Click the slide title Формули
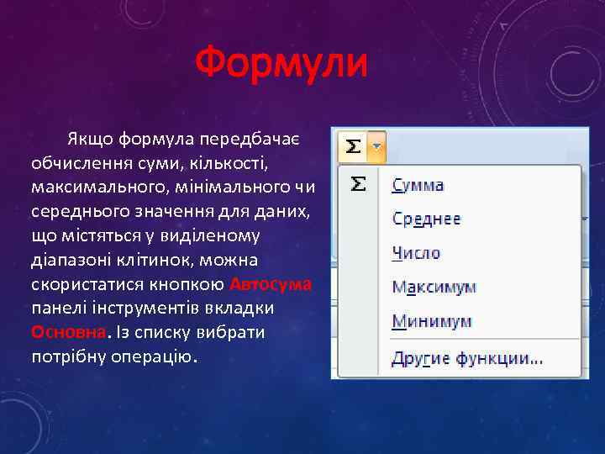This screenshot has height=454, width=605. [281, 64]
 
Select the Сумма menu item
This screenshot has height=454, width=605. [418, 185]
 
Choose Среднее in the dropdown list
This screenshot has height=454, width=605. [427, 219]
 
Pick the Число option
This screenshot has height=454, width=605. [416, 253]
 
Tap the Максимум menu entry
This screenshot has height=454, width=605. [434, 288]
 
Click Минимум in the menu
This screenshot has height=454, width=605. [432, 322]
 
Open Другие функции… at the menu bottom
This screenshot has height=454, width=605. [467, 359]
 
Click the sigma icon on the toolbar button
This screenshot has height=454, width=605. [354, 147]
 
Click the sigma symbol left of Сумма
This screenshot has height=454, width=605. [358, 184]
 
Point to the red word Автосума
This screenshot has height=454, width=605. [270, 284]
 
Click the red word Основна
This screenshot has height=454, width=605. [69, 331]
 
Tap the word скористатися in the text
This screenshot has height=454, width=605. [80, 284]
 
